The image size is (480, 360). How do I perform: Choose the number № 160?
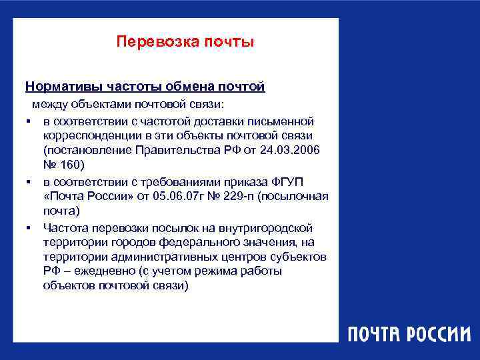click(61, 166)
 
